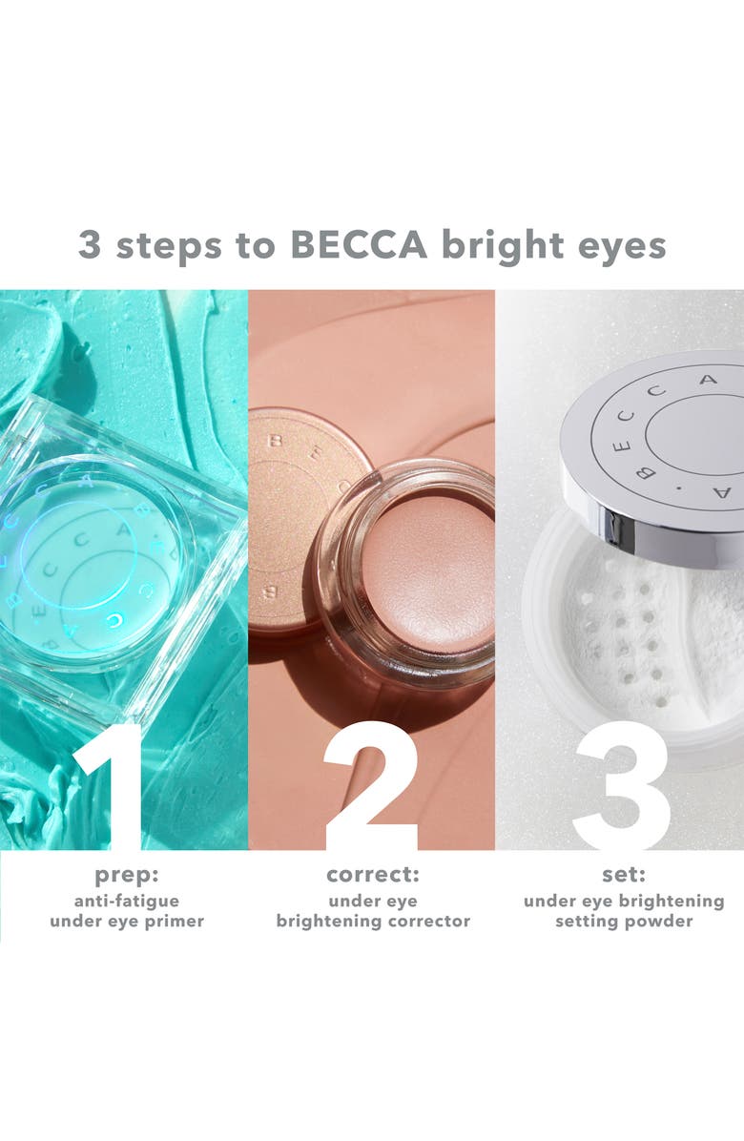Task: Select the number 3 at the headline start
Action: coord(90,245)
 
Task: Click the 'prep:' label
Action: coord(127,876)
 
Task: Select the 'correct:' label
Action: coord(372,876)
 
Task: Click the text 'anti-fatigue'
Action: coord(127,901)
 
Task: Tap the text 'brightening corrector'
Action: coord(373,923)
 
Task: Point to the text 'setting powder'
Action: coord(624,922)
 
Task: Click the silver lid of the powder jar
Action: coord(658,448)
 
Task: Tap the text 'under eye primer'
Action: coord(127,923)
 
